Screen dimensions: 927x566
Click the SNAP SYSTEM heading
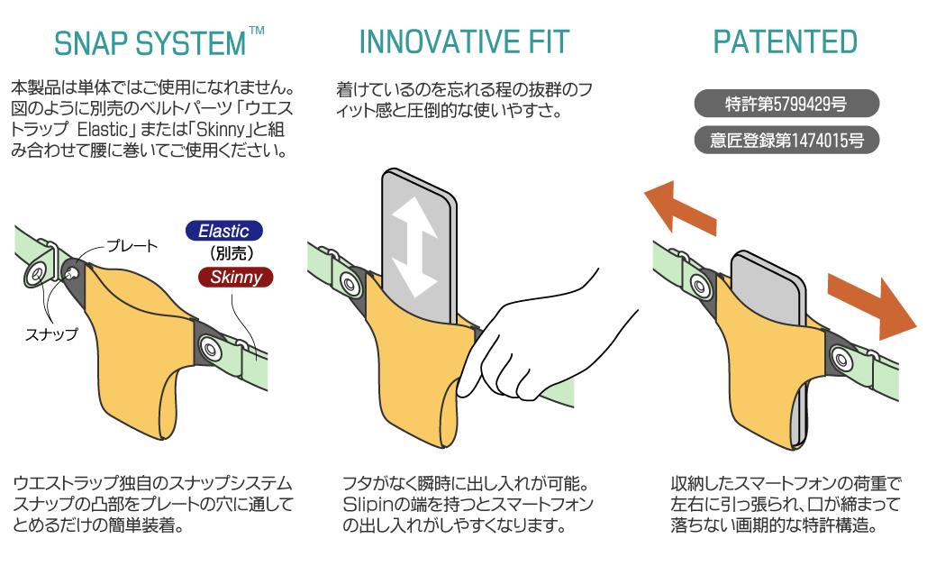(150, 43)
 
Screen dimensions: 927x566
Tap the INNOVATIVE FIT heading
(464, 42)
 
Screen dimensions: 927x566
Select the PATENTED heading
(786, 42)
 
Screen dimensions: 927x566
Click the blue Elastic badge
(224, 231)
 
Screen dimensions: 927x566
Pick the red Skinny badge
(236, 277)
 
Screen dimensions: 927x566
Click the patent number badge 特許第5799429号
(786, 104)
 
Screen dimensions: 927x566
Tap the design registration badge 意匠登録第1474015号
(786, 141)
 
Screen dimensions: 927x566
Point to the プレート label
(132, 246)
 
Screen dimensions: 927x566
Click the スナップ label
(51, 334)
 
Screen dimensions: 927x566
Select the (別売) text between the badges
(232, 254)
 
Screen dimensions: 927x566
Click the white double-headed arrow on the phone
(415, 247)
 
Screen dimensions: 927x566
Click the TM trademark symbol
(257, 30)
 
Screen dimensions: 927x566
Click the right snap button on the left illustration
(209, 347)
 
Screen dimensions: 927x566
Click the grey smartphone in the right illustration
(768, 290)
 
